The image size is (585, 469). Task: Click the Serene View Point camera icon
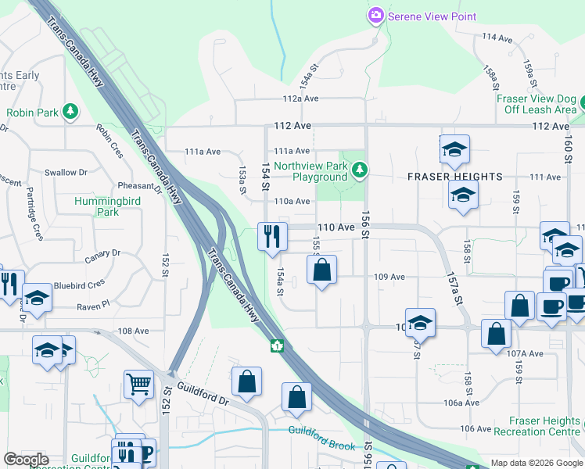click(x=376, y=16)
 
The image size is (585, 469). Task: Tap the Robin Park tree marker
click(x=70, y=112)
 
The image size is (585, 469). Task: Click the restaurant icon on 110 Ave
click(x=271, y=236)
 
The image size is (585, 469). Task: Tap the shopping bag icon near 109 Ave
click(x=321, y=271)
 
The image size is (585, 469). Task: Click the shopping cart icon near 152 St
click(x=138, y=384)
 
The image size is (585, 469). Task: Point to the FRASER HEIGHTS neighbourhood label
click(x=454, y=177)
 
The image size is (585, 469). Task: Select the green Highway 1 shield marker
click(x=277, y=345)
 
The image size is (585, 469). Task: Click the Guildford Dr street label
click(x=201, y=388)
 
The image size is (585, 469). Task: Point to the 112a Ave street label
click(x=301, y=98)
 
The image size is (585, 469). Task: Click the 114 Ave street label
click(x=497, y=38)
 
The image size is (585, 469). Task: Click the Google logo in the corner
click(x=26, y=460)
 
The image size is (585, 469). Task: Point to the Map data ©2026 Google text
click(x=537, y=463)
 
